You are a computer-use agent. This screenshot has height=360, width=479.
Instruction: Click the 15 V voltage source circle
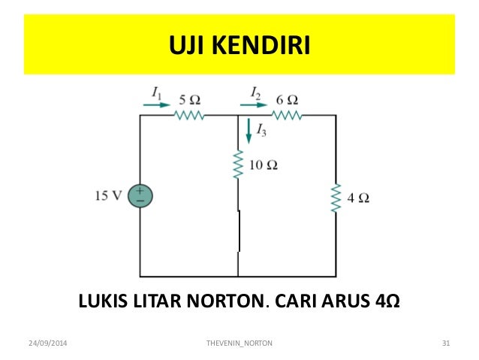pyautogui.click(x=140, y=196)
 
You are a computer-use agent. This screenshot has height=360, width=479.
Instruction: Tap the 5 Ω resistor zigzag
pyautogui.click(x=190, y=116)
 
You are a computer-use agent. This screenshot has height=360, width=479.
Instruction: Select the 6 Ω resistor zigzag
pyautogui.click(x=287, y=116)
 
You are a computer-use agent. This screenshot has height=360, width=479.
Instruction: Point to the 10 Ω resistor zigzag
pyautogui.click(x=237, y=165)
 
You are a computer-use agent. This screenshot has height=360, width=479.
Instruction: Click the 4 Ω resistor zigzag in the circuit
pyautogui.click(x=336, y=198)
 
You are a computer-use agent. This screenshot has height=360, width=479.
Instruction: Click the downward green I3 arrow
pyautogui.click(x=249, y=133)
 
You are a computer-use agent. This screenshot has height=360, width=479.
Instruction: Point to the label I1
pyautogui.click(x=155, y=92)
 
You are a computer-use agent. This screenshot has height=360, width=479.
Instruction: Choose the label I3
pyautogui.click(x=261, y=131)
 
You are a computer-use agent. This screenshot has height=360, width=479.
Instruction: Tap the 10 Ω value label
pyautogui.click(x=264, y=165)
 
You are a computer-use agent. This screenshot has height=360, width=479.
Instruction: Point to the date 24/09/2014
pyautogui.click(x=47, y=343)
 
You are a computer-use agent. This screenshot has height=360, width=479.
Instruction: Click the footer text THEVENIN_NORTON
pyautogui.click(x=239, y=343)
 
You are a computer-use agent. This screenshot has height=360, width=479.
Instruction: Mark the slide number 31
pyautogui.click(x=445, y=343)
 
